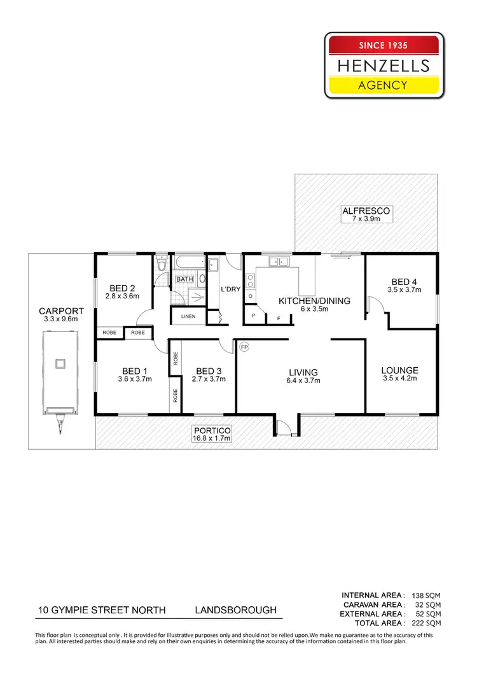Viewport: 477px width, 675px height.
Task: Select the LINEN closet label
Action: (x=188, y=316)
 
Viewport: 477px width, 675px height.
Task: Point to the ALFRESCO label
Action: (x=366, y=211)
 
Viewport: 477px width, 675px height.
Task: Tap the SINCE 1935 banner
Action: (x=382, y=45)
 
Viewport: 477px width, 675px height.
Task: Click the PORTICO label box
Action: (x=212, y=434)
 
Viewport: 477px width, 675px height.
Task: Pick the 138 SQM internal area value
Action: (x=427, y=595)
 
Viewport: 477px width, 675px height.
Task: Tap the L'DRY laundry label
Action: (x=230, y=289)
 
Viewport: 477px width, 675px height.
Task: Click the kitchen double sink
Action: (x=277, y=261)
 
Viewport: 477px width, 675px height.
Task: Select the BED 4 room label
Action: (x=404, y=282)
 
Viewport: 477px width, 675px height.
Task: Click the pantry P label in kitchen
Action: (x=254, y=316)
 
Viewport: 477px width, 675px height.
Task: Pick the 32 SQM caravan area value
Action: (x=429, y=604)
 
